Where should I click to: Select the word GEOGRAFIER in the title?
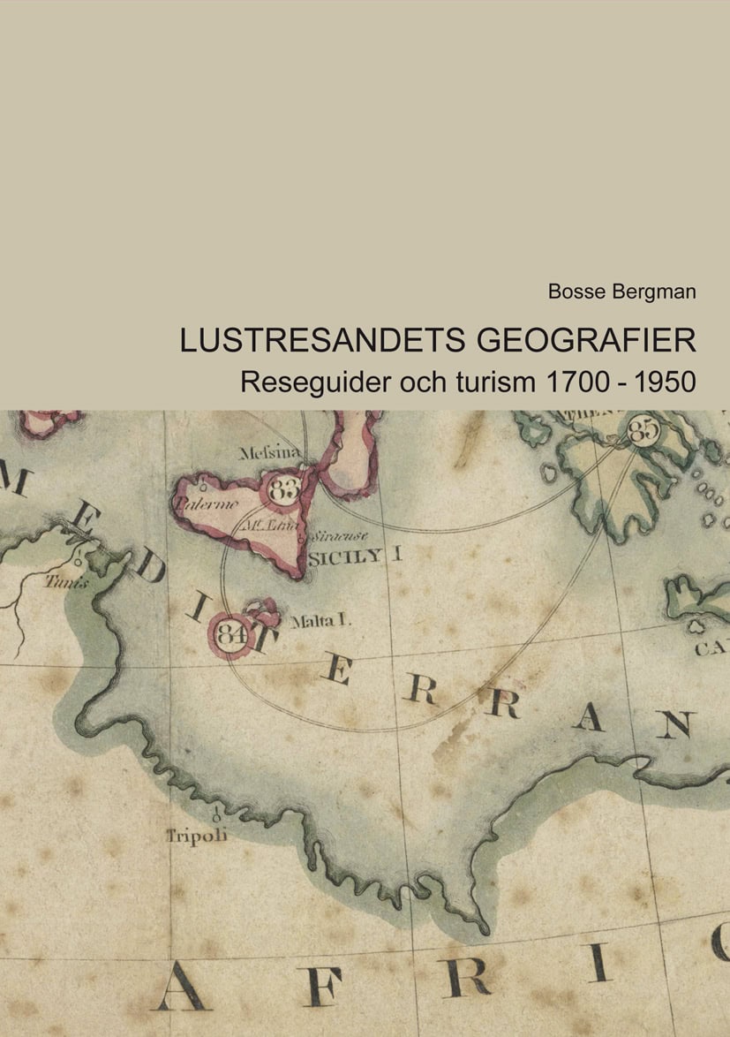pyautogui.click(x=587, y=341)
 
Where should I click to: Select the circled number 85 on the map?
pyautogui.click(x=644, y=430)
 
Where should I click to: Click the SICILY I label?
pyautogui.click(x=355, y=556)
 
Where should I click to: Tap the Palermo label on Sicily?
pyautogui.click(x=206, y=503)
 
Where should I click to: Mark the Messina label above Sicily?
pyautogui.click(x=270, y=453)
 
